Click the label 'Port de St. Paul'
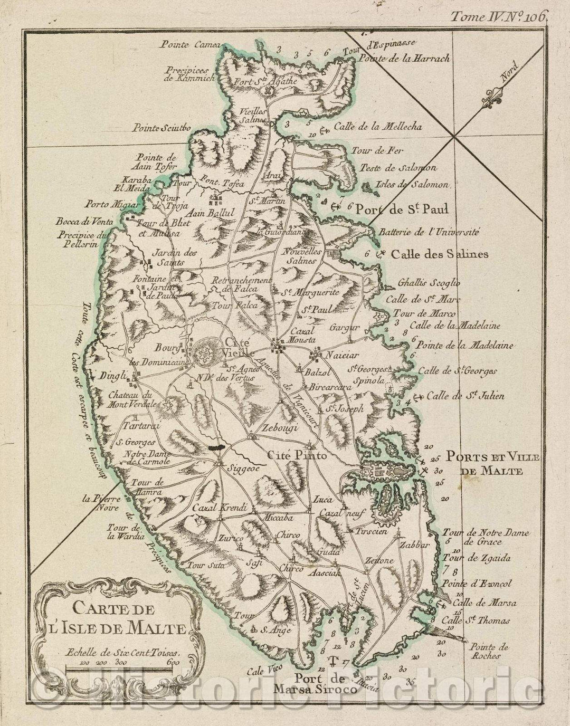tap(402, 209)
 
